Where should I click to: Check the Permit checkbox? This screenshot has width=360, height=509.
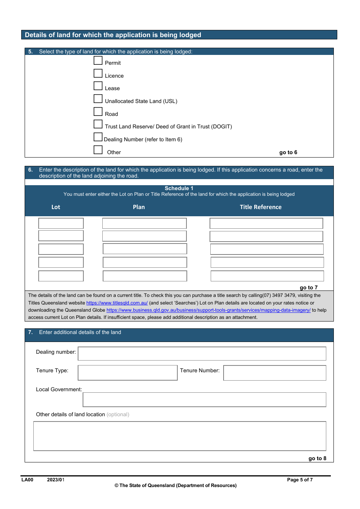pyautogui.click(x=98, y=61)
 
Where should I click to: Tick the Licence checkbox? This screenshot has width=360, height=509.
pyautogui.click(x=98, y=73)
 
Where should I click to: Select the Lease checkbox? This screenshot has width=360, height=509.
pyautogui.click(x=98, y=86)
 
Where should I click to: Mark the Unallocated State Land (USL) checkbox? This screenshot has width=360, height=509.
pyautogui.click(x=98, y=99)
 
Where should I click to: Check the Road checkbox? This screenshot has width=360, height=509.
pyautogui.click(x=98, y=112)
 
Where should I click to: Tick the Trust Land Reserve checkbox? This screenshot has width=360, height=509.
pyautogui.click(x=98, y=124)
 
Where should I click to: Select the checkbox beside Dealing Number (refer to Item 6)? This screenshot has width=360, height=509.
pyautogui.click(x=98, y=137)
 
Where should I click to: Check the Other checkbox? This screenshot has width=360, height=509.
pyautogui.click(x=98, y=150)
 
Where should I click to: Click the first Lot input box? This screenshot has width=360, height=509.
pyautogui.click(x=61, y=223)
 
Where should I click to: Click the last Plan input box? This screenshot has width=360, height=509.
pyautogui.click(x=145, y=276)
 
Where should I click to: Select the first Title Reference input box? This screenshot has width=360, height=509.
pyautogui.click(x=266, y=223)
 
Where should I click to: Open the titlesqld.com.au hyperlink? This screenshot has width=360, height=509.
pyautogui.click(x=117, y=303)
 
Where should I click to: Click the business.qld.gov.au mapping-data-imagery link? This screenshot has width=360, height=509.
pyautogui.click(x=208, y=310)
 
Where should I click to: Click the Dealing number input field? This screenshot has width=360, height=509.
pyautogui.click(x=202, y=354)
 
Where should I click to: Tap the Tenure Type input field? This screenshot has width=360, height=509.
pyautogui.click(x=128, y=373)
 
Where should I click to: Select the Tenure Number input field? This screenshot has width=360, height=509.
pyautogui.click(x=275, y=373)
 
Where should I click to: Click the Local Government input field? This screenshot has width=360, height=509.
pyautogui.click(x=205, y=400)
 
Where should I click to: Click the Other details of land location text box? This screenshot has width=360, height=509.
pyautogui.click(x=180, y=436)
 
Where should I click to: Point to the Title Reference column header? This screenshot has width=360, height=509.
pyautogui.click(x=261, y=207)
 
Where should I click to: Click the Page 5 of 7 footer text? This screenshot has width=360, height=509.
pyautogui.click(x=300, y=480)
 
